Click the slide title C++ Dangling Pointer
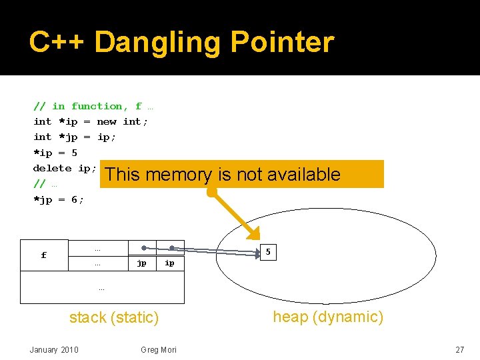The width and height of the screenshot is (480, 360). [x=181, y=42]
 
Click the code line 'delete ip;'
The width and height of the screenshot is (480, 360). [x=65, y=168]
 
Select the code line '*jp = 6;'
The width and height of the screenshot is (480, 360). [x=59, y=199]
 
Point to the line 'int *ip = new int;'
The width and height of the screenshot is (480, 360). [x=91, y=121]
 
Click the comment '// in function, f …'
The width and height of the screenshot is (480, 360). [x=93, y=106]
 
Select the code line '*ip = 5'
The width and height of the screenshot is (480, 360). [x=55, y=153]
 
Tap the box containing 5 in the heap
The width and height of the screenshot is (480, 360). [x=268, y=252]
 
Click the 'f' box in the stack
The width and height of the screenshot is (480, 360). [x=44, y=255]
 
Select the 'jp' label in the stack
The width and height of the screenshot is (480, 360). [x=142, y=263]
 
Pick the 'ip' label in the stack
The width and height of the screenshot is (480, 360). [x=170, y=263]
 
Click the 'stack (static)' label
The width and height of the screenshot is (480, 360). [x=114, y=318]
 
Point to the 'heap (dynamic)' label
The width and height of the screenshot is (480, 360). [x=328, y=317]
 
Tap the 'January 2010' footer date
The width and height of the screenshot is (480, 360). [x=54, y=350]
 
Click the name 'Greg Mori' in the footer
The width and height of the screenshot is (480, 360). [x=159, y=350]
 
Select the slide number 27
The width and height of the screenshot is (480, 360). [x=459, y=350]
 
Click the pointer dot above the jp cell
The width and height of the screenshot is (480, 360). [x=143, y=247]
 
